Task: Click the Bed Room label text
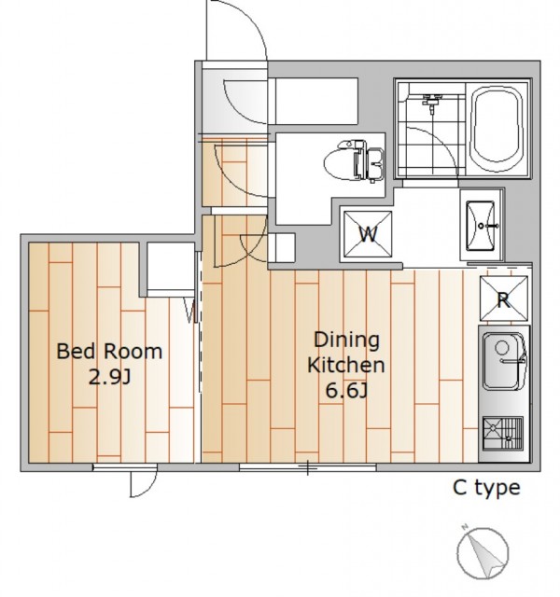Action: [x=109, y=351]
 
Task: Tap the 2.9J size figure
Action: [x=110, y=377]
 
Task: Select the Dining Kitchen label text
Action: [x=346, y=353]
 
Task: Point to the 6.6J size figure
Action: [x=346, y=390]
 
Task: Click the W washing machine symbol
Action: [x=368, y=234]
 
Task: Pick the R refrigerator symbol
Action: [x=504, y=298]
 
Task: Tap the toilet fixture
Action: [x=355, y=160]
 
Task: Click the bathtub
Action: [x=497, y=129]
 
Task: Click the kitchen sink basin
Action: [x=504, y=361]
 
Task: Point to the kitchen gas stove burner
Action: [x=503, y=433]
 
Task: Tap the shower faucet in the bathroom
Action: [x=431, y=102]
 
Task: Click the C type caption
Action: [x=486, y=489]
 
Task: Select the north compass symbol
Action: [x=483, y=552]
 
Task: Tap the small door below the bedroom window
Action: [x=143, y=483]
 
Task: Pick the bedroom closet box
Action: [x=171, y=266]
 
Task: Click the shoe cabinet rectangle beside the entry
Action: [x=316, y=101]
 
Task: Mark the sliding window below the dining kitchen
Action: [x=308, y=466]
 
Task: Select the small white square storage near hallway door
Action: [x=282, y=247]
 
